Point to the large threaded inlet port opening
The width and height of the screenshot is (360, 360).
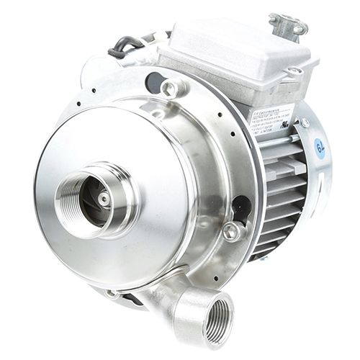point(94,199)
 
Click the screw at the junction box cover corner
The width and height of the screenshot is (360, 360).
point(294,71)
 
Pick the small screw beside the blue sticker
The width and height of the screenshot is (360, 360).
point(305,123)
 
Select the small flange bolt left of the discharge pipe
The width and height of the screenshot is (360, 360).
point(113,293)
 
